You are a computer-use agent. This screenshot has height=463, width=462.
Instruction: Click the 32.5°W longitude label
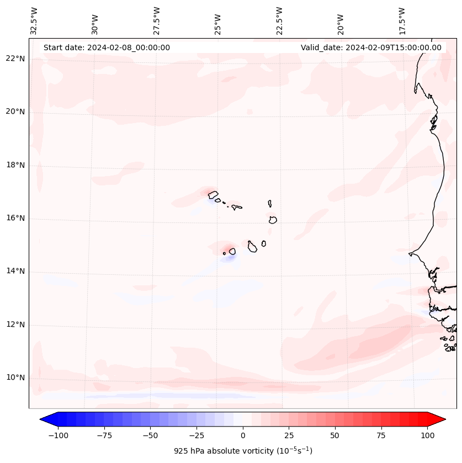(34, 20)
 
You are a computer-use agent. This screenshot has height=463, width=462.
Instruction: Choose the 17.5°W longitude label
(402, 20)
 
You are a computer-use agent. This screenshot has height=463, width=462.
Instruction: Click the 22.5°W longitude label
(279, 20)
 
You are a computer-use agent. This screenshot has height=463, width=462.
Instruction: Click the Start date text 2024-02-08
(107, 47)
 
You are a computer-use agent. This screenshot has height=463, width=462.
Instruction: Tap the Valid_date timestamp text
(371, 47)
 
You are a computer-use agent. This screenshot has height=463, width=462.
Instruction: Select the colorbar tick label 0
(242, 435)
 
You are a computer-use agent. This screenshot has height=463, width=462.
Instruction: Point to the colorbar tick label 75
(381, 435)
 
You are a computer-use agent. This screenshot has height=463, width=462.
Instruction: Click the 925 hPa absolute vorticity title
(243, 451)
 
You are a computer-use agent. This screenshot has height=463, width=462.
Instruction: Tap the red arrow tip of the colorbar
(439, 419)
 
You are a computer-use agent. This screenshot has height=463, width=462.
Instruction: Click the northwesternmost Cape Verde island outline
(213, 194)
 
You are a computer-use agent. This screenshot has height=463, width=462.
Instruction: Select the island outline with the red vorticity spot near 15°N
(232, 251)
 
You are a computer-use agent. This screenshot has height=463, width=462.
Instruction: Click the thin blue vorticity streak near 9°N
(144, 396)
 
